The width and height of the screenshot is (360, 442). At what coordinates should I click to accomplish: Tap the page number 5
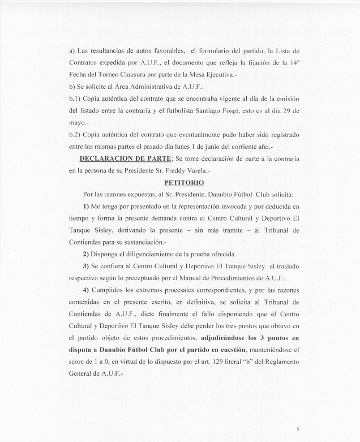coord(298,430)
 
